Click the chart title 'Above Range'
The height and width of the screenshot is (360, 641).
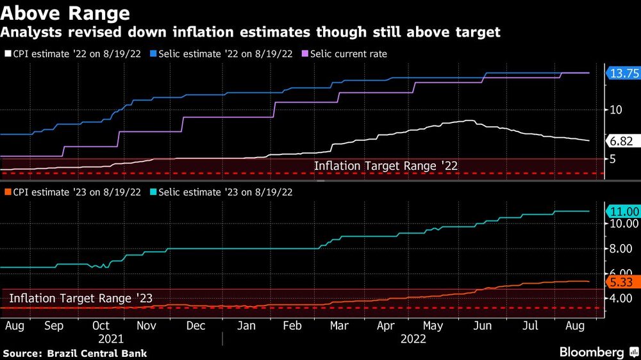(66, 13)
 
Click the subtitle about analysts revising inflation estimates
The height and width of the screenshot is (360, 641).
(252, 32)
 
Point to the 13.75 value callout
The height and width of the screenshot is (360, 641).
(622, 74)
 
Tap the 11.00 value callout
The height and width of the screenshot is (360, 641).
(622, 211)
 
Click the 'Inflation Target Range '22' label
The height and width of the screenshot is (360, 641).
(385, 166)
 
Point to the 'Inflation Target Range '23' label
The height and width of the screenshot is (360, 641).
(80, 297)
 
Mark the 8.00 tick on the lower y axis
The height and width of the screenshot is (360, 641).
(622, 249)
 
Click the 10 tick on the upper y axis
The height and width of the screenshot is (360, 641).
(616, 110)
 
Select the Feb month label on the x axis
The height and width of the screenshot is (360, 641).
(292, 326)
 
